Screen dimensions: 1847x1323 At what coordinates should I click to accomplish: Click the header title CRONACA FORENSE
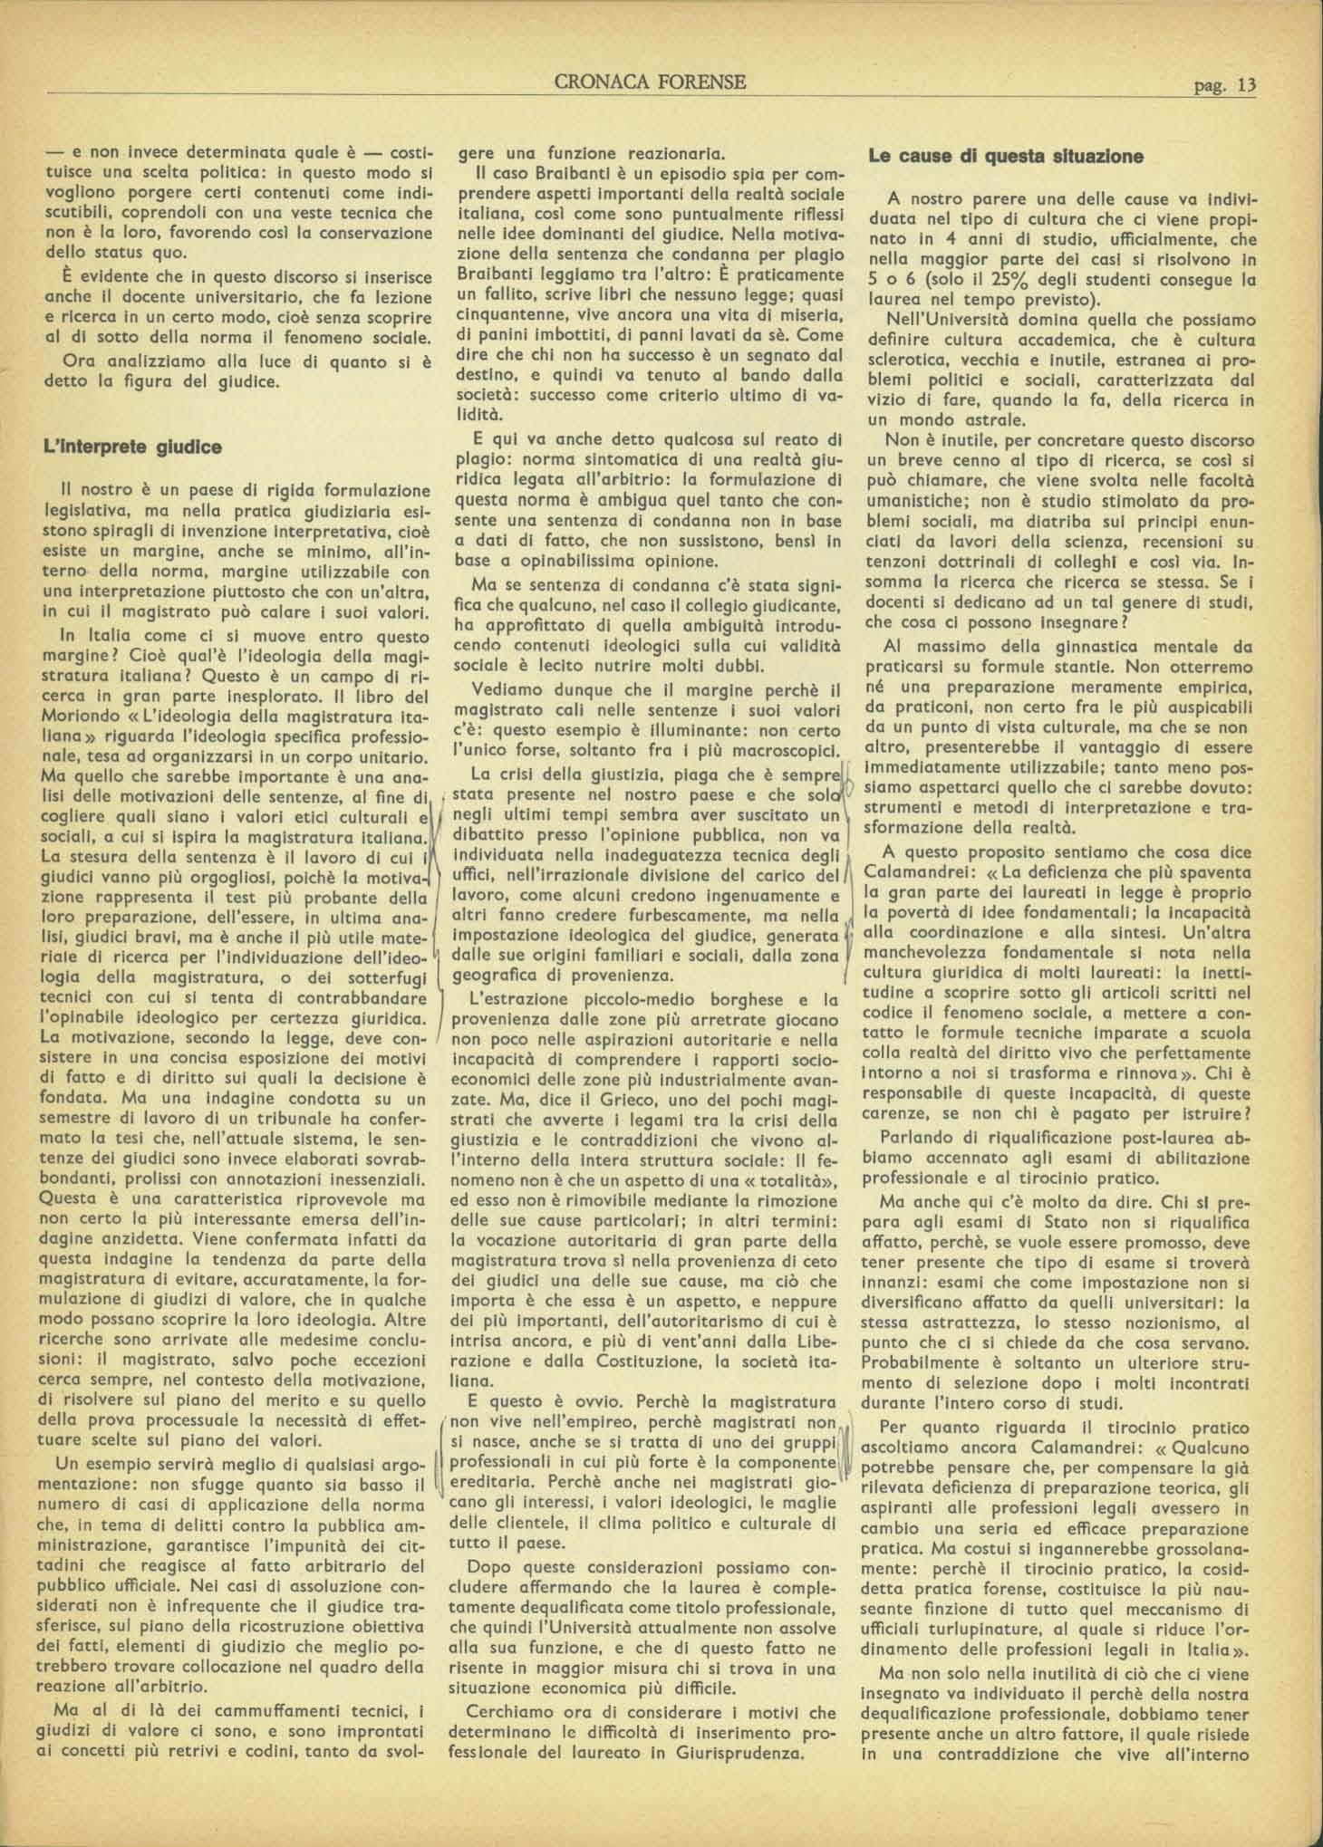[x=651, y=82]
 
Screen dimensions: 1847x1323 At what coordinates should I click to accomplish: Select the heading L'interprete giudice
[x=132, y=447]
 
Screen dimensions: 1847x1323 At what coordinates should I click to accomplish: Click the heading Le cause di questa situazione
[x=1006, y=156]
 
